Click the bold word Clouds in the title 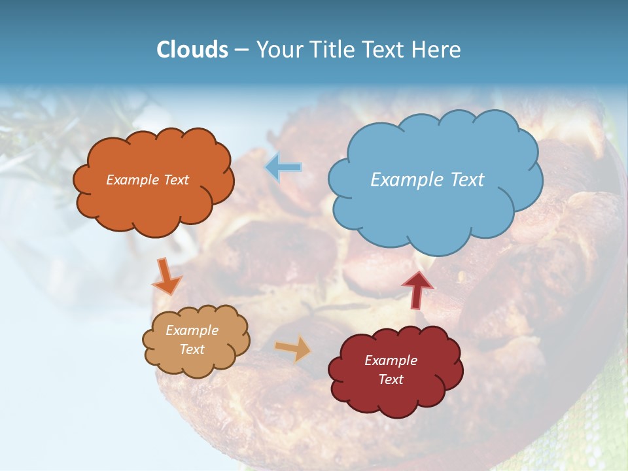click(192, 50)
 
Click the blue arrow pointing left click(283, 167)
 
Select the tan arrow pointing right click(294, 348)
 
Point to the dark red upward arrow click(417, 288)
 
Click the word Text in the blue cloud click(467, 179)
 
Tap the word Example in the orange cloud click(133, 180)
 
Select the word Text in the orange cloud click(175, 180)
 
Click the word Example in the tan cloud click(192, 330)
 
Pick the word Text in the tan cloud click(192, 349)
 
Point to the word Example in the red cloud click(391, 360)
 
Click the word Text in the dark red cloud click(391, 379)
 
